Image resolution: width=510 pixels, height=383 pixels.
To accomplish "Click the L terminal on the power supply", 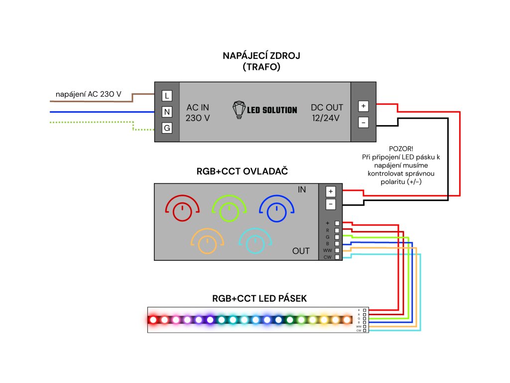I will coord(167,95).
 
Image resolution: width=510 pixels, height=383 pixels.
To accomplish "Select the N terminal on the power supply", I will coord(167,112).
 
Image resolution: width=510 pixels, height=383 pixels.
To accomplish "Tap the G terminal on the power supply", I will coord(167,128).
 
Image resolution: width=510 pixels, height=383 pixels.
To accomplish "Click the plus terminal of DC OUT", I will coord(363,106).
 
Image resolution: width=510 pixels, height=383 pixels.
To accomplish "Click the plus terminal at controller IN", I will coord(330,191).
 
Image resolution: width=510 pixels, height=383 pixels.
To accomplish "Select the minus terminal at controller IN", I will coord(330,204).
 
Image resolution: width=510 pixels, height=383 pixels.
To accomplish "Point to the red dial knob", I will coord(182,212).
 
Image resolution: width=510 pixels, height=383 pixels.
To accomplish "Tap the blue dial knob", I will coord(275,212).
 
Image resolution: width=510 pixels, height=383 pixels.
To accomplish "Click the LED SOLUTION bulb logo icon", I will coord(240,109).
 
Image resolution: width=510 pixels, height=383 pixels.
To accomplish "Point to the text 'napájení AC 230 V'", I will coord(89,94).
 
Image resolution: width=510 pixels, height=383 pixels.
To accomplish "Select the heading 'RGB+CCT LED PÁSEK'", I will coord(259,299).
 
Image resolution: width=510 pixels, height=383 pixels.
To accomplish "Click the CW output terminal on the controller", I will coord(338,257).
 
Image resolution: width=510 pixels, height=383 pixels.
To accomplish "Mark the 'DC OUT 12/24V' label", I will coord(327,113).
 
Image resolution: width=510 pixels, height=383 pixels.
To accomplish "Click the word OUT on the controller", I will coord(301,251).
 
